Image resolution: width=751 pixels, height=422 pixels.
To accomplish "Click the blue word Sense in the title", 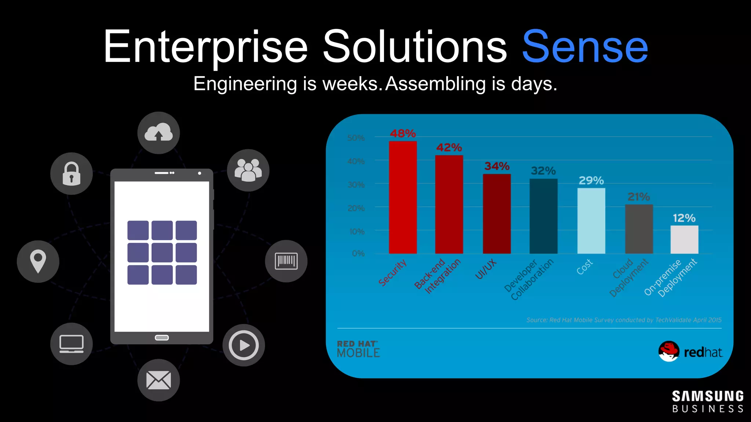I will coord(585,47).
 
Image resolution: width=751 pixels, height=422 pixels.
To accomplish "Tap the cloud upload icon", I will coord(158,133).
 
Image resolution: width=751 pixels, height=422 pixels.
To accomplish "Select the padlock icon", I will coord(72,174).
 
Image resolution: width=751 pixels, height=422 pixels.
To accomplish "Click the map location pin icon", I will coord(38,261).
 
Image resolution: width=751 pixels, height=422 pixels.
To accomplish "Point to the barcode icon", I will coord(286,261).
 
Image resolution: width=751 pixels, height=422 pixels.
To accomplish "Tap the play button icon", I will coord(243,345).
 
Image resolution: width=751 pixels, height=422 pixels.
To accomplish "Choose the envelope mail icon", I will coord(158,380).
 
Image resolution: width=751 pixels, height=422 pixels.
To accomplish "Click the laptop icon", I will coord(72,344).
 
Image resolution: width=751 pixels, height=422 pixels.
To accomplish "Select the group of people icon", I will coord(248,170).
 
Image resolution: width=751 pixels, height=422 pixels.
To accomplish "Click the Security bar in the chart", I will coord(403,198).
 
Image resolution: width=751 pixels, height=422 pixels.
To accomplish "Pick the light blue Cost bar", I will coord(591,221).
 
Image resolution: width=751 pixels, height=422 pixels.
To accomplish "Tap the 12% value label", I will coord(684,218).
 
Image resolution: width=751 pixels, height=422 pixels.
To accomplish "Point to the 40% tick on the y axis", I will coord(356,161).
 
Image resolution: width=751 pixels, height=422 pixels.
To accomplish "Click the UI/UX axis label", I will coord(486,269).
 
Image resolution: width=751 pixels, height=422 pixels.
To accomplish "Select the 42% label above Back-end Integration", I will coord(449,148).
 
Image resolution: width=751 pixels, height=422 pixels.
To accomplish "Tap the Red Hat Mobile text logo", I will coord(358,349).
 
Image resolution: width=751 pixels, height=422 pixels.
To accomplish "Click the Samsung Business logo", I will coord(707,401).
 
